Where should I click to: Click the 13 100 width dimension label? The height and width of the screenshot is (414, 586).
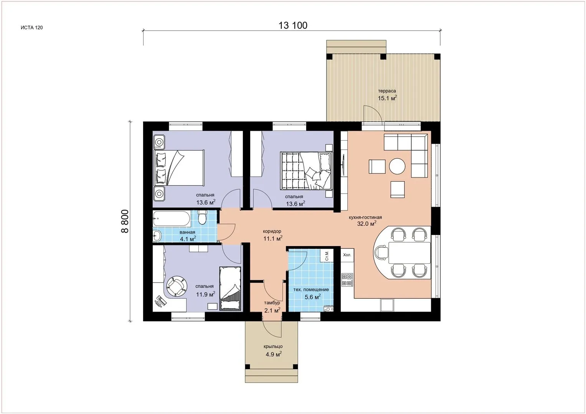(293, 25)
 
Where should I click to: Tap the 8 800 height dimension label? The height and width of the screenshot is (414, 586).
(125, 221)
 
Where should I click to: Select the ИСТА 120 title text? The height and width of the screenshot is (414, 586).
(31, 28)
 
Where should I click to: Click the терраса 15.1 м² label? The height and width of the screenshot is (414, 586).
(387, 95)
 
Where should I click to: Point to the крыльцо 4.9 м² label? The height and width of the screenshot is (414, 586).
(273, 350)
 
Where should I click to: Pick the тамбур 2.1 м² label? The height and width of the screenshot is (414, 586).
(272, 306)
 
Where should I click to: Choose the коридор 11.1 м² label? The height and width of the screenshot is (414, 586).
(272, 235)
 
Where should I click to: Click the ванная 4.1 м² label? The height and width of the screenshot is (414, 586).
(188, 235)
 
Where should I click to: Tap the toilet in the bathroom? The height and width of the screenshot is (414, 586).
(203, 217)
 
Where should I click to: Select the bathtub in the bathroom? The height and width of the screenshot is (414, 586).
(172, 219)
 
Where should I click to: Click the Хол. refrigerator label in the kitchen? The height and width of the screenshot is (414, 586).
(347, 255)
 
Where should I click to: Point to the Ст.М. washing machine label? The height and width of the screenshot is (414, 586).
(327, 256)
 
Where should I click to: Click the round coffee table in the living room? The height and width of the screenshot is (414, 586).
(397, 166)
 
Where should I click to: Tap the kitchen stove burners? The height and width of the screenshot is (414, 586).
(347, 280)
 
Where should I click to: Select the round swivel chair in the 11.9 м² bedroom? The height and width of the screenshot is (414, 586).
(177, 286)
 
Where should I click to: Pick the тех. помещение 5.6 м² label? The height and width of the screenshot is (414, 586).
(311, 293)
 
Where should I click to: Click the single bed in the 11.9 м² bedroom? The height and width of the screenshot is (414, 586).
(230, 289)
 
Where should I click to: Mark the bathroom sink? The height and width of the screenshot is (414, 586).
(157, 236)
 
